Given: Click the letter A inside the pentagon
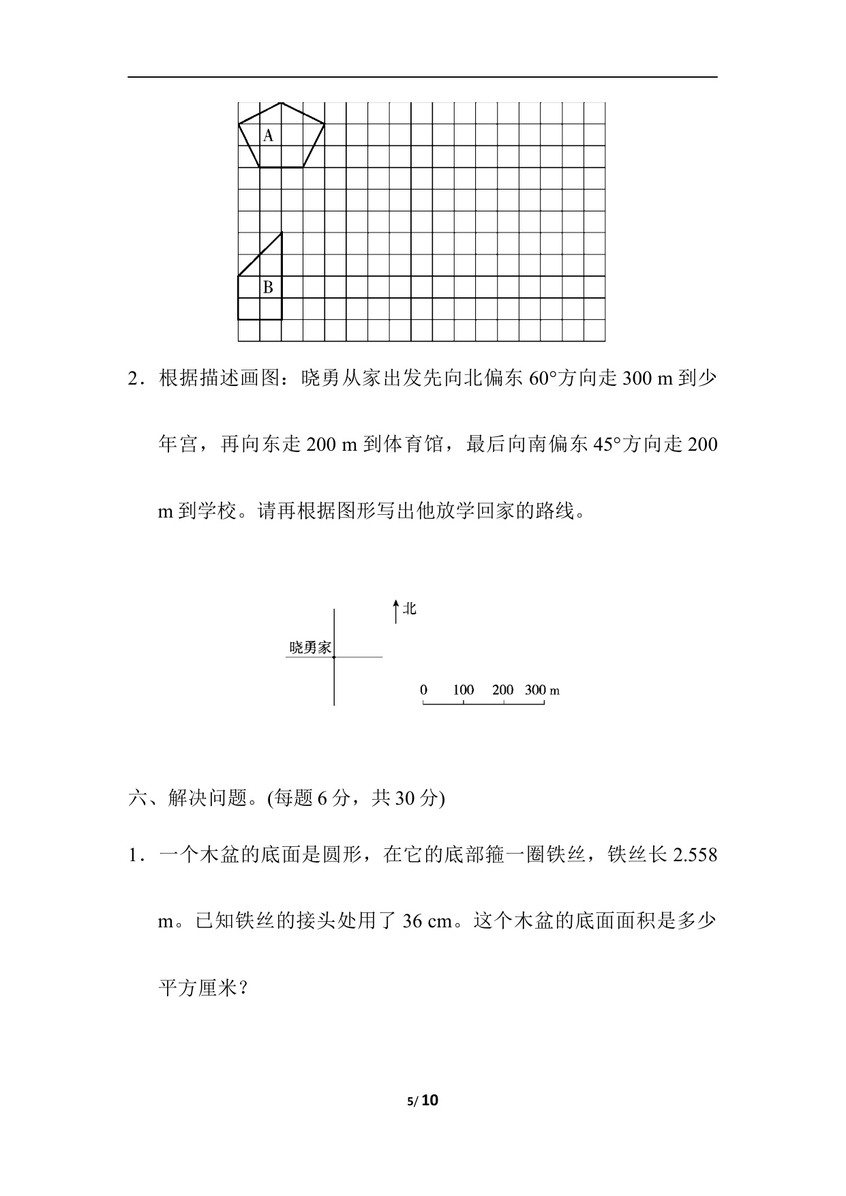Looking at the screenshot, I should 268,136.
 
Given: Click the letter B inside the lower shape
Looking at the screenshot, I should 268,288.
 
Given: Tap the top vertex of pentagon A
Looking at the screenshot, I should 282,103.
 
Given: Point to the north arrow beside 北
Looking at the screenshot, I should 395,611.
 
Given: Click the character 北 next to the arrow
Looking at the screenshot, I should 409,608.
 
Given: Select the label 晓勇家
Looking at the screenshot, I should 310,648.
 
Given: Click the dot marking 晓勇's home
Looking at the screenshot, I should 334,657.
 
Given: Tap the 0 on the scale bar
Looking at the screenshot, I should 423,689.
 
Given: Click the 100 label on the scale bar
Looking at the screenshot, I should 463,689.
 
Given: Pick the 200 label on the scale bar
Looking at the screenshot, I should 502,689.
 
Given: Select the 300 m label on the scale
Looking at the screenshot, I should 542,689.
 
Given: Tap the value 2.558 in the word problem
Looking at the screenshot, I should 695,855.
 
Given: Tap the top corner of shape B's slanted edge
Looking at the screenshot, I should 282,233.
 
